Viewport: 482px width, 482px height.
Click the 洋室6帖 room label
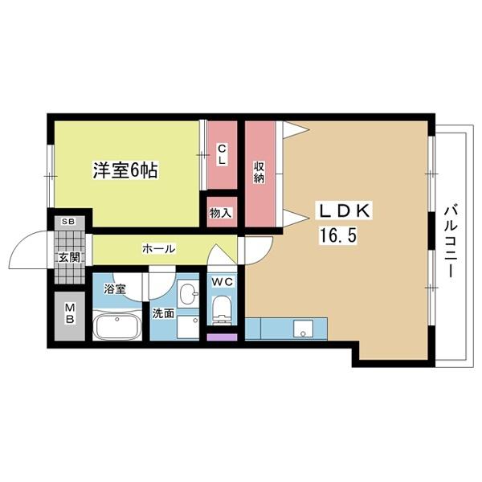point(124,170)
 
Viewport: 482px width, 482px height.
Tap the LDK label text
point(346,211)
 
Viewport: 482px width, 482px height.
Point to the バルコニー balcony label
point(450,242)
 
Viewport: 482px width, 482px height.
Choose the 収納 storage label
point(259,171)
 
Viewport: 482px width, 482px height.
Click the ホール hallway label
point(158,248)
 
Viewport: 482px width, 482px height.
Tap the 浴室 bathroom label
point(114,288)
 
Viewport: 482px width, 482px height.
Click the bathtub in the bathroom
point(117,328)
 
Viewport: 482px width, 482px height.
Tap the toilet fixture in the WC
point(220,309)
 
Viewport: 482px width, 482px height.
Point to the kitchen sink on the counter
point(303,329)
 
